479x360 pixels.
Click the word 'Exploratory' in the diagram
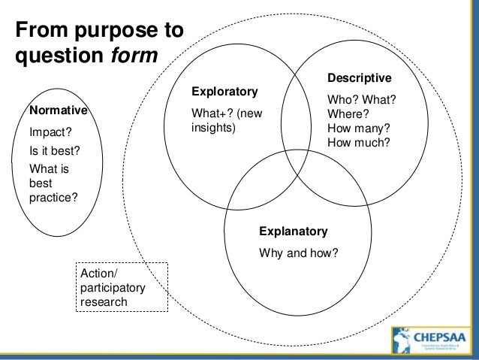224,92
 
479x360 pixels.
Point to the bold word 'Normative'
58,110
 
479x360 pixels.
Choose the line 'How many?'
359,128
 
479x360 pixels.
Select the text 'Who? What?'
362,101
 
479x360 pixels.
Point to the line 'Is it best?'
54,150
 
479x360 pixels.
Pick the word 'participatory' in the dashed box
110,289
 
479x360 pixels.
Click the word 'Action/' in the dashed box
96,275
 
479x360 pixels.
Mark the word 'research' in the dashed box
102,302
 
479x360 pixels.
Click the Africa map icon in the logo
398,342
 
